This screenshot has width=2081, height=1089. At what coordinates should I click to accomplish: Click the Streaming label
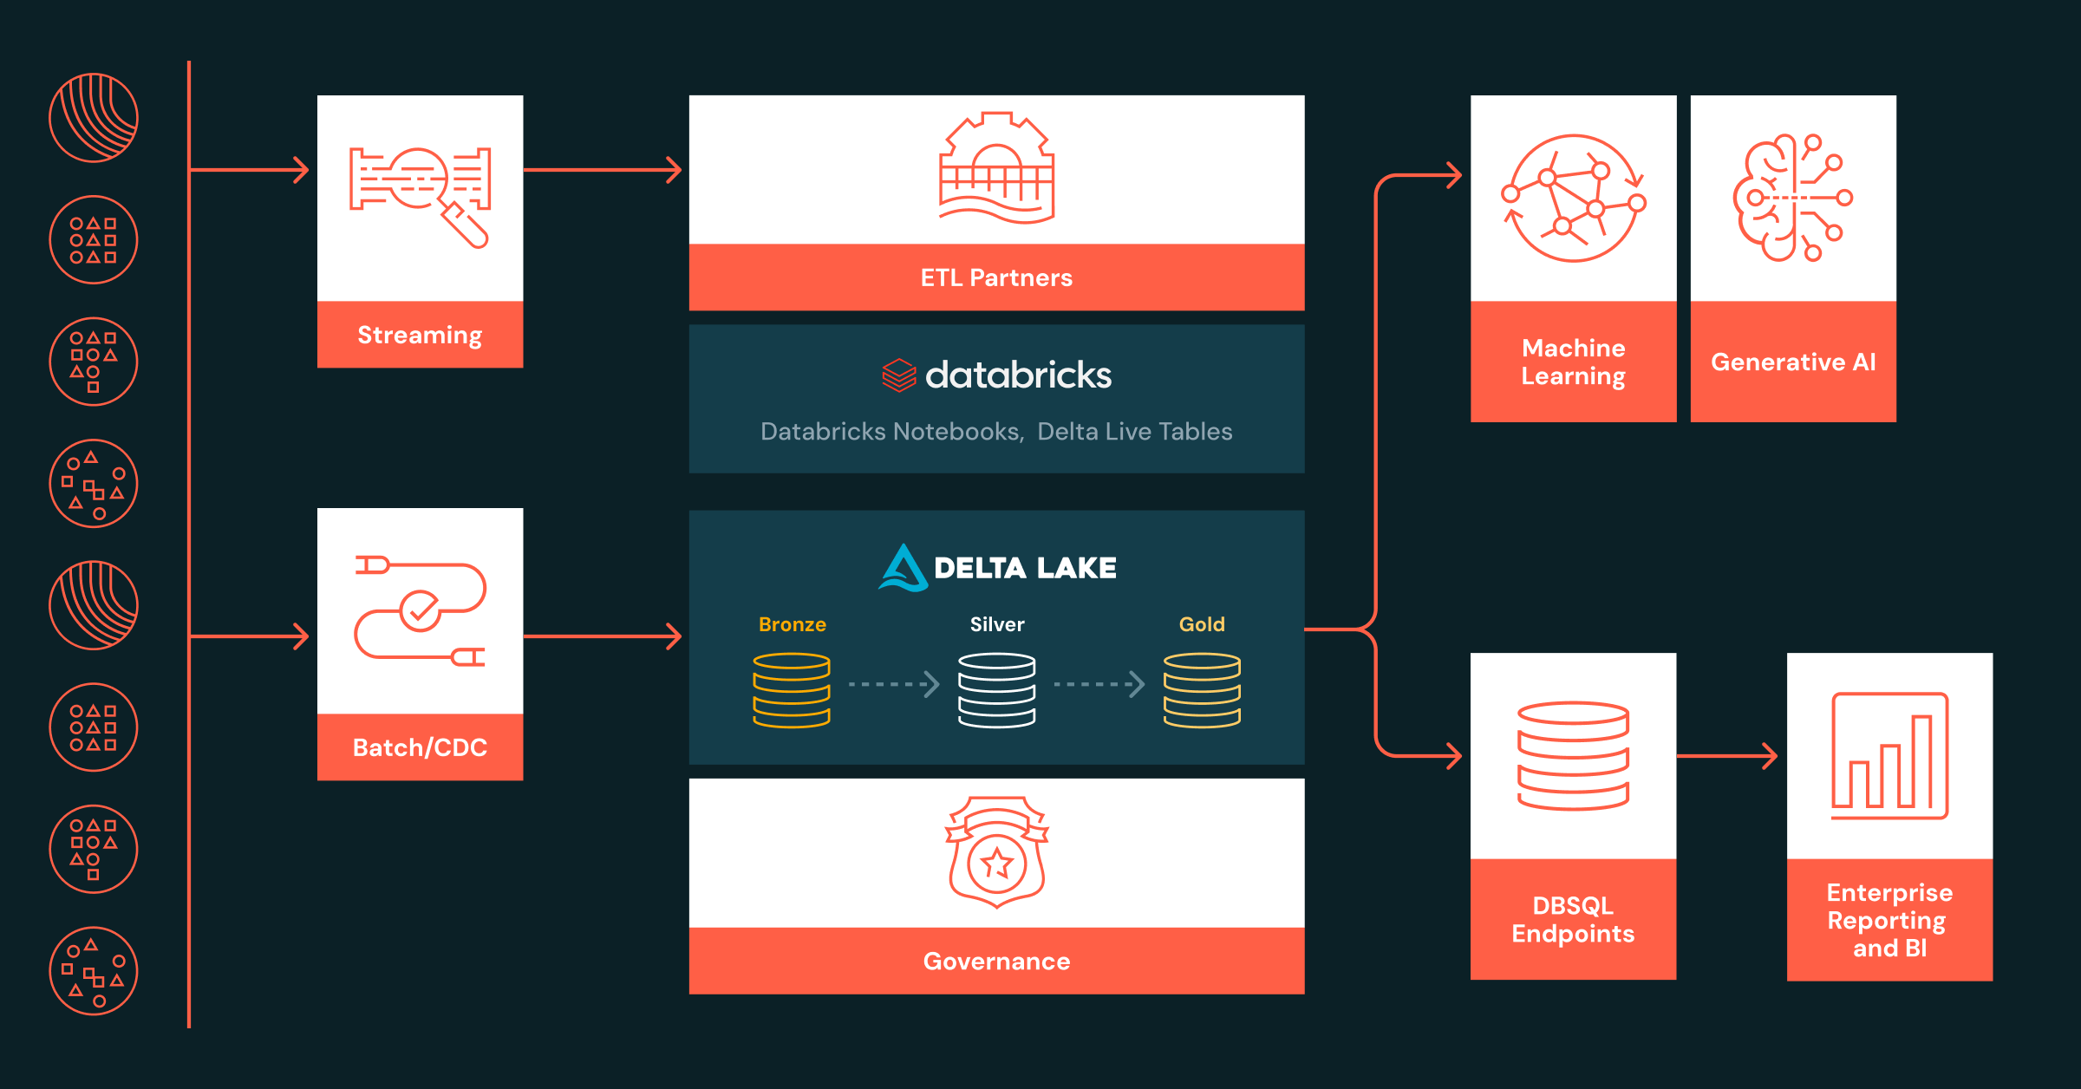point(420,335)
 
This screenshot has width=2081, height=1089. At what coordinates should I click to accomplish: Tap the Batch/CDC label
point(420,747)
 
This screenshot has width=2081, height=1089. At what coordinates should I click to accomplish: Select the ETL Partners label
point(996,277)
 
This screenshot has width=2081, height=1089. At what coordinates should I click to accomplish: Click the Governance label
point(996,961)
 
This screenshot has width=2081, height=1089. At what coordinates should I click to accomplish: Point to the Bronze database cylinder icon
point(792,690)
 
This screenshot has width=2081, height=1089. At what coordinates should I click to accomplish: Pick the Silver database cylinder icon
point(996,690)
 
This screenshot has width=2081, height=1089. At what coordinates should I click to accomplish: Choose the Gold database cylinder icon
point(1202,690)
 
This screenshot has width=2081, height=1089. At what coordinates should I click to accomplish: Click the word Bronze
point(792,624)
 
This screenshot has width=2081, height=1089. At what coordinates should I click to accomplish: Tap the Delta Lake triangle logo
point(903,569)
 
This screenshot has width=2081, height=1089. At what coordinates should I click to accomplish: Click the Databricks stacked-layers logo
point(899,375)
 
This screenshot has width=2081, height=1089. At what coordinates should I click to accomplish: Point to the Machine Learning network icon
point(1573,198)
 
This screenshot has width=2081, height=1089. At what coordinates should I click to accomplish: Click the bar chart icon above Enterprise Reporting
point(1889,756)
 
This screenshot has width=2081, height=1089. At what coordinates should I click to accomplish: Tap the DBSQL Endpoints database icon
point(1573,756)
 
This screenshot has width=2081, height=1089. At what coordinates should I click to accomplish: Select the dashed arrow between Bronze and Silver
point(893,684)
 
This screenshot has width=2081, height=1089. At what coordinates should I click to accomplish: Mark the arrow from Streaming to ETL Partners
point(603,170)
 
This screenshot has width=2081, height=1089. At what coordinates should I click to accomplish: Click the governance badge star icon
point(996,863)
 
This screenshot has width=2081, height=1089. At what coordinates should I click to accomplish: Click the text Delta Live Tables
point(1134,432)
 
